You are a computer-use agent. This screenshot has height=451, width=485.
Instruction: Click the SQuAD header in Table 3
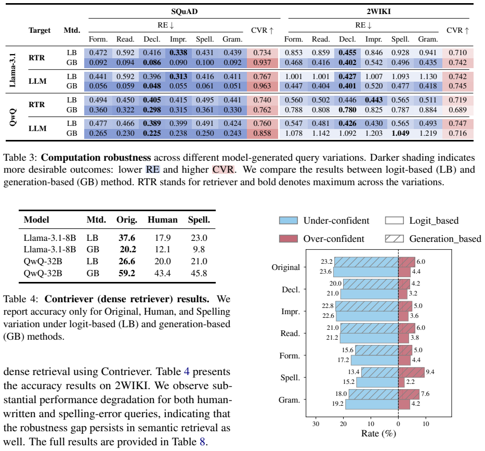(x=185, y=11)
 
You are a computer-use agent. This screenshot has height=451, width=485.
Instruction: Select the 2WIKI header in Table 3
(x=378, y=11)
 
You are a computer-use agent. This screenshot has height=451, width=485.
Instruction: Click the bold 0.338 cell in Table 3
(x=178, y=53)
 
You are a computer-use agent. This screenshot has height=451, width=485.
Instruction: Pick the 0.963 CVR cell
(x=263, y=86)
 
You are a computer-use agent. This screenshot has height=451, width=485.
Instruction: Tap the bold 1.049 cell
(x=400, y=133)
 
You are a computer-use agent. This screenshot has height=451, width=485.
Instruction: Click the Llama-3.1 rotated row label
(x=12, y=70)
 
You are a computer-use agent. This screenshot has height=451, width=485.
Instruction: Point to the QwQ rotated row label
(x=12, y=117)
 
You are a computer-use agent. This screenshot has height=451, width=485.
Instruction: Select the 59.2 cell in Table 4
(x=127, y=273)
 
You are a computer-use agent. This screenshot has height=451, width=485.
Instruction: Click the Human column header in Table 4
(x=163, y=220)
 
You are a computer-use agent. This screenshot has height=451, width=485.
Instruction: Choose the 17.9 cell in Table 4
(x=163, y=238)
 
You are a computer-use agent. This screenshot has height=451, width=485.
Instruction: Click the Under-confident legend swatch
(x=289, y=221)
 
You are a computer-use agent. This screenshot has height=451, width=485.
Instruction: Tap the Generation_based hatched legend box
(x=395, y=239)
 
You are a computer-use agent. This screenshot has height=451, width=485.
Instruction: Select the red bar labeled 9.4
(x=411, y=372)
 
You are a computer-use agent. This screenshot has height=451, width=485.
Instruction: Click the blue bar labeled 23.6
(x=366, y=272)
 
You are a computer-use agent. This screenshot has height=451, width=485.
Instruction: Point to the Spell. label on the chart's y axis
(x=290, y=378)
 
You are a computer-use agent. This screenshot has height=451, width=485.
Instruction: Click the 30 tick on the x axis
(x=316, y=424)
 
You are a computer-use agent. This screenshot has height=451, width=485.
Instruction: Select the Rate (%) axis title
(x=378, y=433)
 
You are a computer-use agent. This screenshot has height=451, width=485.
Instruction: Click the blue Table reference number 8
(x=202, y=442)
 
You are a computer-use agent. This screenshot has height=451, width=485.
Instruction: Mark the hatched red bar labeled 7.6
(x=409, y=394)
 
